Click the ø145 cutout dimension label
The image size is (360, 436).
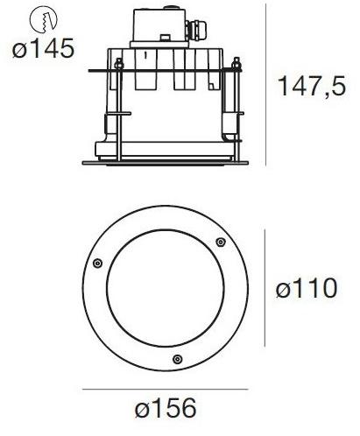point(42,49)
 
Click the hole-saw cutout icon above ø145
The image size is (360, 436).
point(42,18)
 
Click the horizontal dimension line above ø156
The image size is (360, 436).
point(166,388)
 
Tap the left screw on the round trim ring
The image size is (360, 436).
point(96,264)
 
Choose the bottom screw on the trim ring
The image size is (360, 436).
point(178,357)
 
